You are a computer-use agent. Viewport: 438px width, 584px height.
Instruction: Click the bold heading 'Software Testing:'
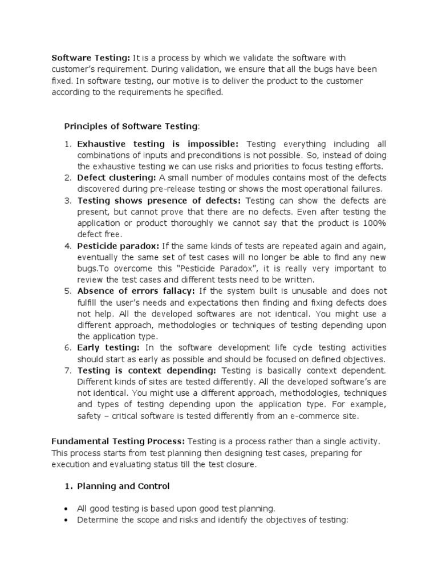point(91,58)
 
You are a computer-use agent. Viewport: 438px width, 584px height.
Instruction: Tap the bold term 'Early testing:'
point(108,347)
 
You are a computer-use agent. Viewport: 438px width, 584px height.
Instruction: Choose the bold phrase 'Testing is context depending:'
point(147,370)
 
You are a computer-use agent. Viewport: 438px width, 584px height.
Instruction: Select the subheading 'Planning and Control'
point(123,486)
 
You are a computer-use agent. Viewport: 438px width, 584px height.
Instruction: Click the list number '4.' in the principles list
point(67,246)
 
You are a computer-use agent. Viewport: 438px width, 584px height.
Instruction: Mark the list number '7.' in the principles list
point(67,370)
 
